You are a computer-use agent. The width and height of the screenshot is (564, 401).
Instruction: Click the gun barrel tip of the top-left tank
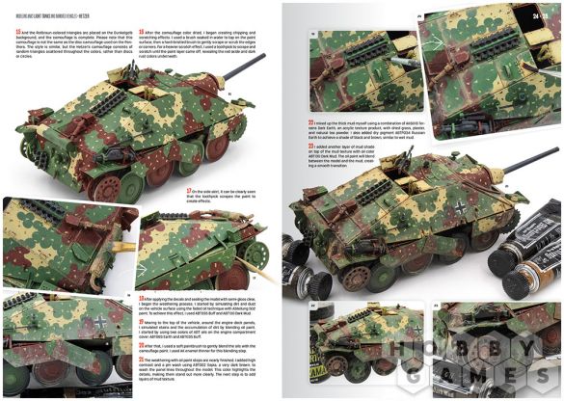pyautogui.click(x=262, y=56)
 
